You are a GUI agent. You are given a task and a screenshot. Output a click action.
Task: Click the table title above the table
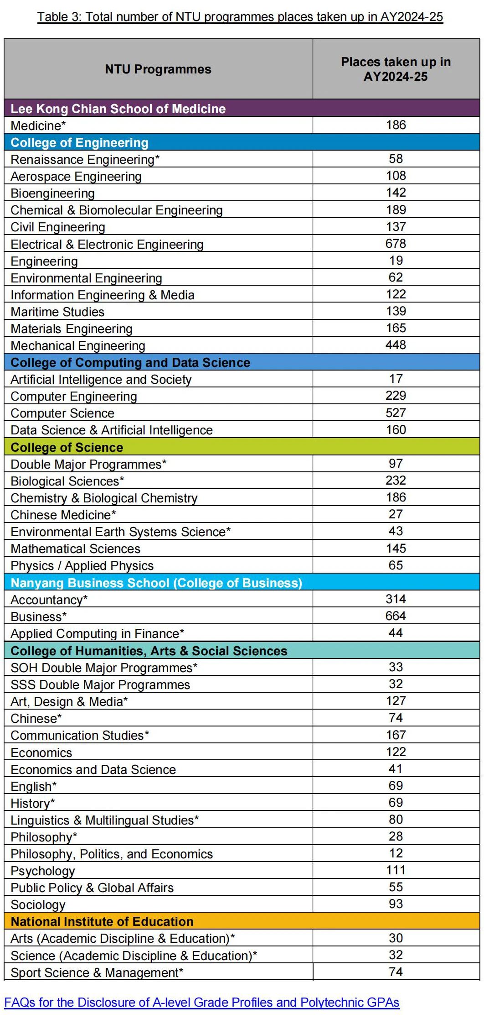pyautogui.click(x=240, y=17)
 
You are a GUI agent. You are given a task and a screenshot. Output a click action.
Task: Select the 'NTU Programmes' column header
pyautogui.click(x=158, y=69)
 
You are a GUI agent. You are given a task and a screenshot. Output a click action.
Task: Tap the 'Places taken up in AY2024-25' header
pyautogui.click(x=396, y=69)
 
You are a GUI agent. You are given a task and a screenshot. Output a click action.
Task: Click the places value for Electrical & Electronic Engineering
pyautogui.click(x=396, y=244)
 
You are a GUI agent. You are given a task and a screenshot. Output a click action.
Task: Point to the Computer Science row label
pyautogui.click(x=62, y=413)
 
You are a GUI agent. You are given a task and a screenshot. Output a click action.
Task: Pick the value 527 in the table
pyautogui.click(x=396, y=413)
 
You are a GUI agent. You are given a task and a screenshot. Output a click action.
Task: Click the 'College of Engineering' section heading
pyautogui.click(x=79, y=142)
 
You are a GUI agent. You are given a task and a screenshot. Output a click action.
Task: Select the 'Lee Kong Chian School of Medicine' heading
pyautogui.click(x=118, y=109)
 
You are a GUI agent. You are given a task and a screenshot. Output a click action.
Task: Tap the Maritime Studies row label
pyautogui.click(x=57, y=312)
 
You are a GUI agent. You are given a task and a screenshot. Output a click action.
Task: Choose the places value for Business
pyautogui.click(x=396, y=616)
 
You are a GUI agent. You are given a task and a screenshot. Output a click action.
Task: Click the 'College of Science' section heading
pyautogui.click(x=67, y=447)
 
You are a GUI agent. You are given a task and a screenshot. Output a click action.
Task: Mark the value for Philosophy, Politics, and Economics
pyautogui.click(x=396, y=853)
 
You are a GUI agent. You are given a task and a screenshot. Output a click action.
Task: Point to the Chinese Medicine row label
pyautogui.click(x=63, y=515)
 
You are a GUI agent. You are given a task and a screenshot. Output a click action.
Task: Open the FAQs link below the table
pyautogui.click(x=202, y=1003)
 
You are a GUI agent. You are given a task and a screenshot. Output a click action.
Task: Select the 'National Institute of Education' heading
pyautogui.click(x=102, y=921)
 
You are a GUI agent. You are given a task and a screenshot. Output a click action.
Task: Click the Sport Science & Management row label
pyautogui.click(x=97, y=972)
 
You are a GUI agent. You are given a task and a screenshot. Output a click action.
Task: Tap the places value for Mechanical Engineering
pyautogui.click(x=396, y=345)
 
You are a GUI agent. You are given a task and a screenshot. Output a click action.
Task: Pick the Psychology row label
pyautogui.click(x=43, y=871)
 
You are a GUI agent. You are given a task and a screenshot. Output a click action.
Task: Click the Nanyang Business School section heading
pyautogui.click(x=156, y=583)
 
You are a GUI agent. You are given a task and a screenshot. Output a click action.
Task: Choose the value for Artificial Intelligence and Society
pyautogui.click(x=396, y=379)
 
